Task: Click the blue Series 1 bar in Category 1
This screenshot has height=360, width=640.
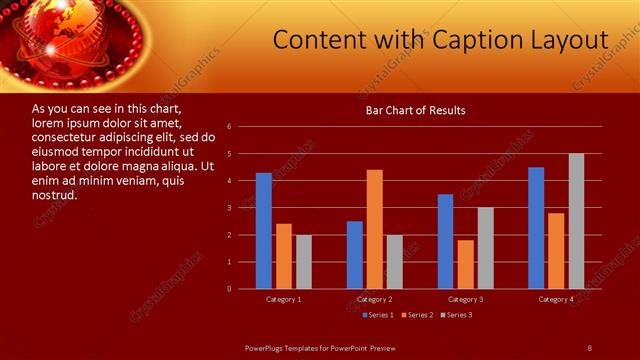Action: (x=264, y=231)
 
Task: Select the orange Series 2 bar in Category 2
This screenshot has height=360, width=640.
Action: (x=375, y=229)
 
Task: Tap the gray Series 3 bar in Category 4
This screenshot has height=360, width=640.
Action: (x=576, y=221)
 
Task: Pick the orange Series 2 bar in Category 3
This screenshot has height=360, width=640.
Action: (x=466, y=264)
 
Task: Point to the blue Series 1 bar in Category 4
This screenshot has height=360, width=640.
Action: (x=536, y=228)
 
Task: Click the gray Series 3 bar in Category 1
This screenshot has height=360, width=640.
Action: (x=304, y=262)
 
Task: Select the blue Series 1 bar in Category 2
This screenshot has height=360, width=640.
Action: (x=355, y=255)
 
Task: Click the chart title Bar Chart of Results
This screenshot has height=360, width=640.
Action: (x=415, y=111)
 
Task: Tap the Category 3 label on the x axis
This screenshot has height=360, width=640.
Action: (x=466, y=299)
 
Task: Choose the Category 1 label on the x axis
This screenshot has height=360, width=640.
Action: (x=284, y=299)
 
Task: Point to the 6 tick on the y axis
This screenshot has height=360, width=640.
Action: (x=230, y=127)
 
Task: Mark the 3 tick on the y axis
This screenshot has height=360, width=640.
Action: (x=230, y=208)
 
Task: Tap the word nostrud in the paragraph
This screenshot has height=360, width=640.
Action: (x=55, y=194)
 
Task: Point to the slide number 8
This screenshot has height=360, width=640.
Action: (x=589, y=347)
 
